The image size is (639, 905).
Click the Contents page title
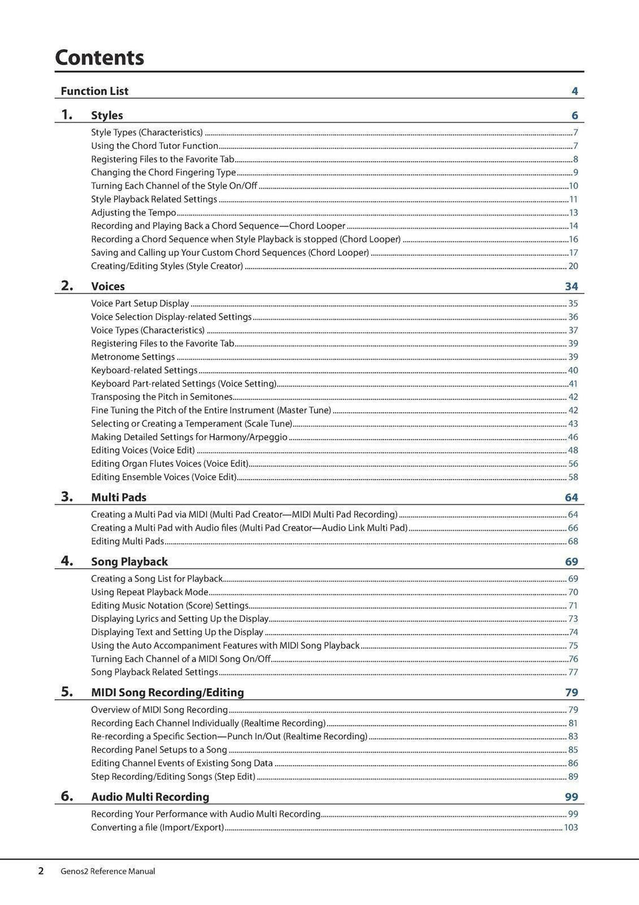pos(99,57)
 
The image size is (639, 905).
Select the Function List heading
pos(94,91)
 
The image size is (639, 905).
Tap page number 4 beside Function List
pos(574,91)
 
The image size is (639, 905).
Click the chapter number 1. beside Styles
pos(67,115)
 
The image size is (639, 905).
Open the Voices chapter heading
pos(108,287)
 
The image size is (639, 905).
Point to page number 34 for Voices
pos(571,287)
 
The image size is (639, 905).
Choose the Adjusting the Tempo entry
pos(134,213)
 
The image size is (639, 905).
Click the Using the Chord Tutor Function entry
pos(155,146)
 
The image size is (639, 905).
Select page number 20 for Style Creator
pos(573,266)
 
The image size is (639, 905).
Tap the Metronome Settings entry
pos(133,357)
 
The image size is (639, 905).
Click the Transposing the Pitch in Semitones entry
pos(162,397)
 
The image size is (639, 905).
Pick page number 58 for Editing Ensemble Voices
pos(573,477)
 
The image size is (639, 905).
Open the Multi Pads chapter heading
pos(119,498)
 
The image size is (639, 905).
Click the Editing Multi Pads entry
pos(127,542)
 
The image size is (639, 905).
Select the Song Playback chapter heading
pos(129,562)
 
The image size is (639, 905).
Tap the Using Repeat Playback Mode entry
pos(150,592)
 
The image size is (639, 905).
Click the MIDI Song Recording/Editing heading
pos(167,693)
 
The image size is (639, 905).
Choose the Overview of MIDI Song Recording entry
pos(159,710)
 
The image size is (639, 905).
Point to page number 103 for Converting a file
pos(570,828)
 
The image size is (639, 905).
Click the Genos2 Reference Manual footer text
pos(107,871)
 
